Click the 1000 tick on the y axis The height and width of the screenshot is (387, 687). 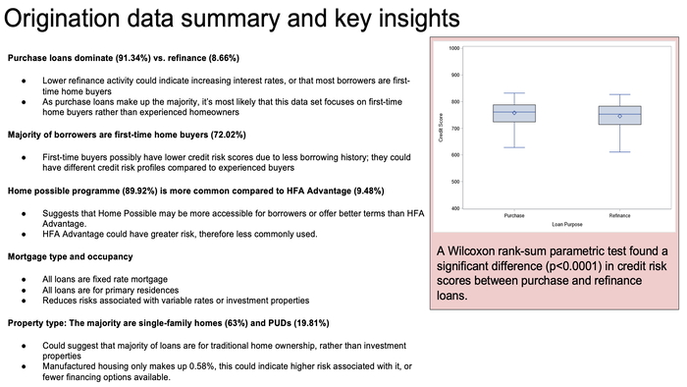455,48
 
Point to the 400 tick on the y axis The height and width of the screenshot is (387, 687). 455,208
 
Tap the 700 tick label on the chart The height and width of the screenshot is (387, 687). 455,129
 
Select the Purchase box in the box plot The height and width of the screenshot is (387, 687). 513,114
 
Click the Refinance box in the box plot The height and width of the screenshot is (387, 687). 619,116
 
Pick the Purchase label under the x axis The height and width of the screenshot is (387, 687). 513,216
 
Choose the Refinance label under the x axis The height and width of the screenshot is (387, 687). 619,216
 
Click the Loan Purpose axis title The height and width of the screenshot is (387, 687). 566,225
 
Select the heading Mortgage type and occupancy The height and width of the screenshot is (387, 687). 72,256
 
